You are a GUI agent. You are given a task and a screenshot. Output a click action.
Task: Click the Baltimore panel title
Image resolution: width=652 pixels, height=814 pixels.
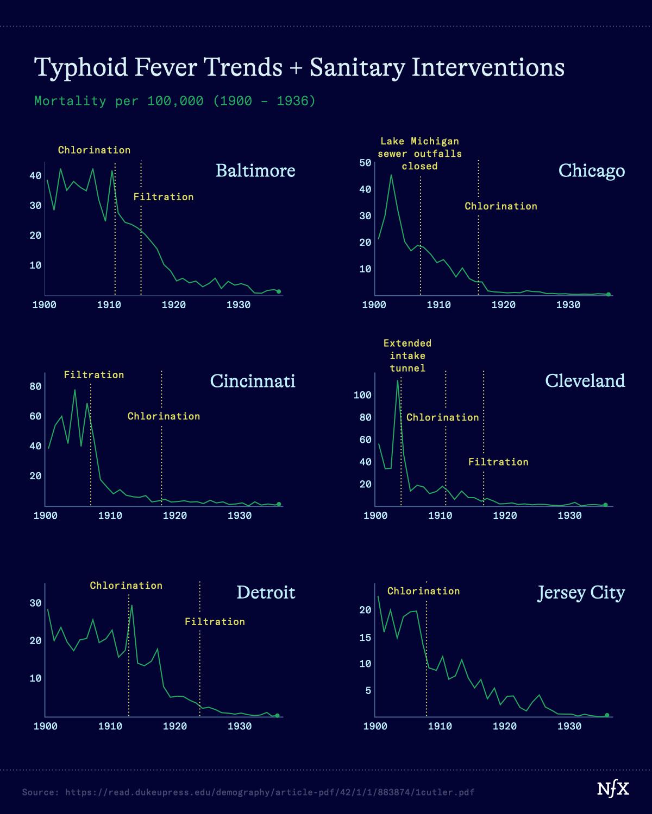(255, 170)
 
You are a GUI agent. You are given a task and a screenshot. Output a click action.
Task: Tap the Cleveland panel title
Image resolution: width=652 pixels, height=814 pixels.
(585, 380)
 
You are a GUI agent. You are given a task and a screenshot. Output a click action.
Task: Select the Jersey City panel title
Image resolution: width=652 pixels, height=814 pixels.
(581, 592)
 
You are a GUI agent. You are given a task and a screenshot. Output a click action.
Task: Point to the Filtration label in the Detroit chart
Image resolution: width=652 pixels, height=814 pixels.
(215, 622)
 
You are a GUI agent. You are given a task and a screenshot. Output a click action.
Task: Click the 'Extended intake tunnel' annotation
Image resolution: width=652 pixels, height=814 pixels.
(407, 356)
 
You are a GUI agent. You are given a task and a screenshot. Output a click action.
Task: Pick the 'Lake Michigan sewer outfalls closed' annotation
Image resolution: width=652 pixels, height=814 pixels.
(419, 154)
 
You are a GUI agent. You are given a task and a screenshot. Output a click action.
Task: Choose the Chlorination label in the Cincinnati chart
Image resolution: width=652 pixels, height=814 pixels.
(164, 416)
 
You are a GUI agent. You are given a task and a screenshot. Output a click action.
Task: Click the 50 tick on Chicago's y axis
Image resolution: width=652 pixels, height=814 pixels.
(365, 163)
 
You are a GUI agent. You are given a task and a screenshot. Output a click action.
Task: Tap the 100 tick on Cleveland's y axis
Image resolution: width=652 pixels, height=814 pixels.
(362, 395)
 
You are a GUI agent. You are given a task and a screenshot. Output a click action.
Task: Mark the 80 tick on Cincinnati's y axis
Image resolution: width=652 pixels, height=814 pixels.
(35, 386)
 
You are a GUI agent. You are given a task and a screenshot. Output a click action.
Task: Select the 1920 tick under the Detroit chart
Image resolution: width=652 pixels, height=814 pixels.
(175, 727)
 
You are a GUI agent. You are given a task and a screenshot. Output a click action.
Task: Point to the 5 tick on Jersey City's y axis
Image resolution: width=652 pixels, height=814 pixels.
(368, 691)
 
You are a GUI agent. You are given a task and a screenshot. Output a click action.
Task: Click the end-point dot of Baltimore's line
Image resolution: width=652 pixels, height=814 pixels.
(279, 291)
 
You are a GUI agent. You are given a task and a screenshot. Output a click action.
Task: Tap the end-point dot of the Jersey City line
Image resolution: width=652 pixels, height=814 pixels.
(607, 715)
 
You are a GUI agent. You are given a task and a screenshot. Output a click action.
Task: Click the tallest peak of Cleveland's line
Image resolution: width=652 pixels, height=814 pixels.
(398, 380)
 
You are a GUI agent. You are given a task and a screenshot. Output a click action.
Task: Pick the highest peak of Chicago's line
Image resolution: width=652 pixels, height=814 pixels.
(391, 175)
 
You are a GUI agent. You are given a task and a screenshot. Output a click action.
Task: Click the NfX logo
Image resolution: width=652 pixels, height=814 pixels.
(613, 789)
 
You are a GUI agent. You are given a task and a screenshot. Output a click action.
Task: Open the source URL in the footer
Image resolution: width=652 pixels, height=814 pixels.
(269, 792)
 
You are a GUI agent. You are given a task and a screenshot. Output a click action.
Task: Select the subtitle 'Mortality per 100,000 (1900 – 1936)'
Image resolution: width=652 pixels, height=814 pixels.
(174, 101)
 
